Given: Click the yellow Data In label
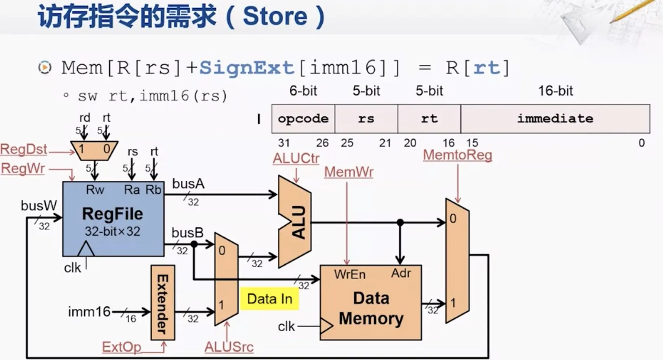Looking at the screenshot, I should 269,299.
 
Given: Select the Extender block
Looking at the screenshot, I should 162,303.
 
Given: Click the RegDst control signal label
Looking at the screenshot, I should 24,149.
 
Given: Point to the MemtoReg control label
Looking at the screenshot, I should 457,155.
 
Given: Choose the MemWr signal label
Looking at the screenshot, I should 348,172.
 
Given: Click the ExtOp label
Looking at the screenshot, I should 121,347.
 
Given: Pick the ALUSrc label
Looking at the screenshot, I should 229,347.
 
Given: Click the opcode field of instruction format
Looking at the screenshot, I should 303,119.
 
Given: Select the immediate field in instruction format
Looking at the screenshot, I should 555,119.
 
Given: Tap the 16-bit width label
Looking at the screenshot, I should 555,91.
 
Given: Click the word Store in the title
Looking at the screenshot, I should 275,16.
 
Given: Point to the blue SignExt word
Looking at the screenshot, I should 246,68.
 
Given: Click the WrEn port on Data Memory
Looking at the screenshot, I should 350,274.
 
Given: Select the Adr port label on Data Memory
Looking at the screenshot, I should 401,273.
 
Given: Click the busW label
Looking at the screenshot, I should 39,205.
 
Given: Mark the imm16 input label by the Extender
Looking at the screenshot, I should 89,312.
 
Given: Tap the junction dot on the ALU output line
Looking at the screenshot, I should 400,222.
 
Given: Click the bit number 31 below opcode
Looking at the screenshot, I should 284,143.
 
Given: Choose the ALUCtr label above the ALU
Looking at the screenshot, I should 296,159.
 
